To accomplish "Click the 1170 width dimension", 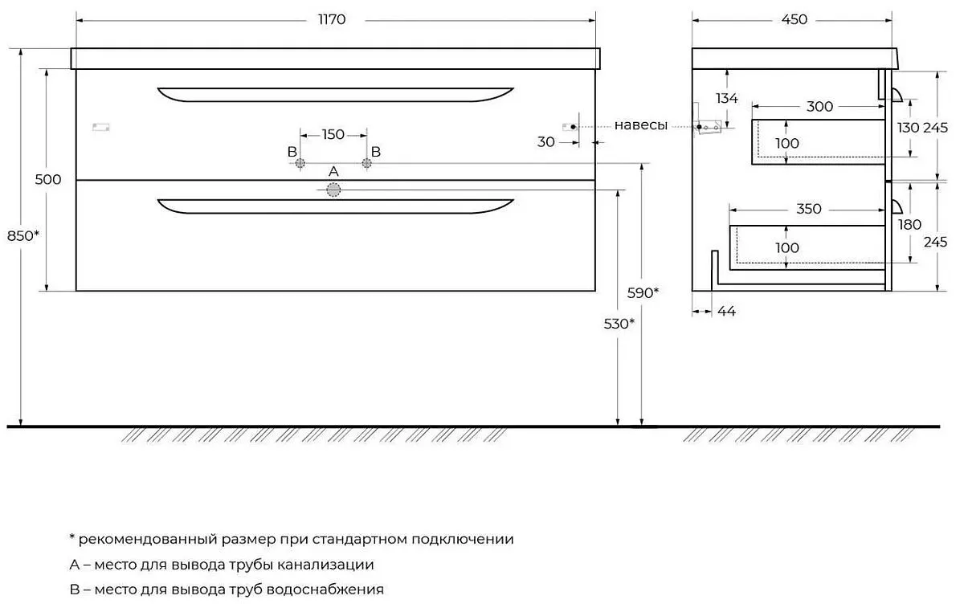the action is (x=332, y=20).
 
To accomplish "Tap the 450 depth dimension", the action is (x=794, y=20).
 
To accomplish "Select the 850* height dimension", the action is (x=23, y=236).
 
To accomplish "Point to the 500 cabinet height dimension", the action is (x=48, y=179).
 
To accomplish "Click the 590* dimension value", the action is (x=643, y=293).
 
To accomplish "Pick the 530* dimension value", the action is (x=619, y=324).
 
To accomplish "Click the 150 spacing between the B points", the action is (x=333, y=135).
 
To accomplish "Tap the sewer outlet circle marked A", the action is (x=333, y=190).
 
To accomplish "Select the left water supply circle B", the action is (x=300, y=163).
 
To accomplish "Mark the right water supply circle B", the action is (x=366, y=163).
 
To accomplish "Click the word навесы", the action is (x=641, y=125).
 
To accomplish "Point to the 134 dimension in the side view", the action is (x=727, y=99).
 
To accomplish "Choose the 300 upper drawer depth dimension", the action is (x=819, y=106).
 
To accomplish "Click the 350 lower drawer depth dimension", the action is (x=809, y=209).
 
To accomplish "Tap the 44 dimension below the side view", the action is (x=727, y=311).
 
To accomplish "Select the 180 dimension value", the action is (x=909, y=225).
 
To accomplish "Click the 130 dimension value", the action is (x=908, y=128).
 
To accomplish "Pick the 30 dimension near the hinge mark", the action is (x=546, y=142).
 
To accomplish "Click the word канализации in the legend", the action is (x=325, y=565).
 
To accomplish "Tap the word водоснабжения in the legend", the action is (x=325, y=590).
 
